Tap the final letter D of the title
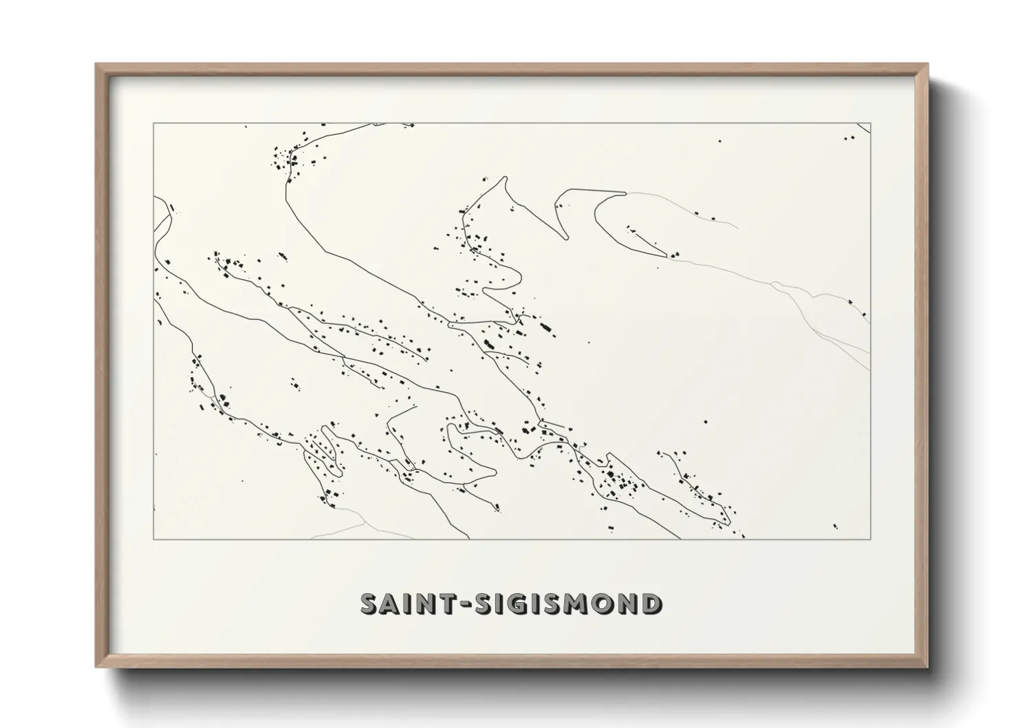(650, 604)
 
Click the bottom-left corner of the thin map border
(154, 539)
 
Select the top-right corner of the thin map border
(870, 123)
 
